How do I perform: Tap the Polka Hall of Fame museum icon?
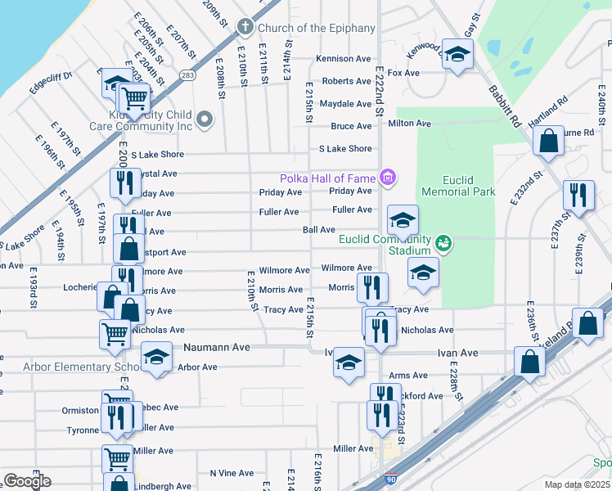pos(388,178)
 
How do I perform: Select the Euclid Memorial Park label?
pos(458,185)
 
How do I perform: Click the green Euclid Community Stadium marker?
pos(443,241)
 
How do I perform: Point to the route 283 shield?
pos(188,75)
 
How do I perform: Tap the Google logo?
pos(27,481)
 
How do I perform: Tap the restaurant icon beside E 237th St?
pos(578,196)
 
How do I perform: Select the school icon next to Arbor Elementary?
pos(157,358)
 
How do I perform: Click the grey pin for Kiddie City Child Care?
pos(205,120)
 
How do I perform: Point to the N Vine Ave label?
pos(232,473)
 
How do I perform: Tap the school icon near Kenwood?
pos(458,55)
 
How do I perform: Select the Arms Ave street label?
pos(408,376)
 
